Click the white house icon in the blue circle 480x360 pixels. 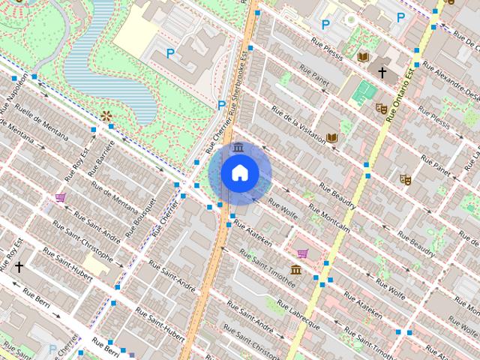(239, 173)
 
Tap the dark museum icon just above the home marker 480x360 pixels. (238, 146)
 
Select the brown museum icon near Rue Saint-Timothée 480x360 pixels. (296, 270)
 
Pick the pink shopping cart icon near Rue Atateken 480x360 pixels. (302, 253)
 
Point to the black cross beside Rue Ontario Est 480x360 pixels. (382, 73)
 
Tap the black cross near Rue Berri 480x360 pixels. (19, 265)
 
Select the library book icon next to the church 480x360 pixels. (364, 57)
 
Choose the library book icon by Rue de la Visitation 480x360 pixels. (331, 137)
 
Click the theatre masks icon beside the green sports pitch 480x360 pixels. (381, 108)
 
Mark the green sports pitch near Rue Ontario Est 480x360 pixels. (365, 93)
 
